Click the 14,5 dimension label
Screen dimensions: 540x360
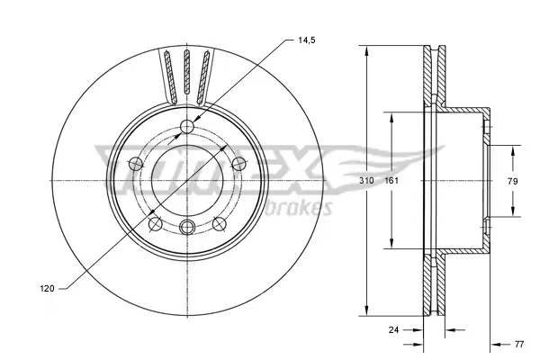click(x=307, y=40)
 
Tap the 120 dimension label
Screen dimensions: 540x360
click(x=47, y=288)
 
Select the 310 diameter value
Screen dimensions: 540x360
click(x=366, y=181)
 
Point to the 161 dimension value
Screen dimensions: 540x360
click(x=391, y=181)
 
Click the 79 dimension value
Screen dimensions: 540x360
click(x=512, y=181)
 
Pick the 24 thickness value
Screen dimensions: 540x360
click(x=393, y=329)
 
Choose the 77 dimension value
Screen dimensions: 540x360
click(x=519, y=344)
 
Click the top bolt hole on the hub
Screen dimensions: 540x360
click(x=187, y=126)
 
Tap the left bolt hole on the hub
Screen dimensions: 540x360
click(x=136, y=164)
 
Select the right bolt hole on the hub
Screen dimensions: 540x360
click(x=238, y=164)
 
